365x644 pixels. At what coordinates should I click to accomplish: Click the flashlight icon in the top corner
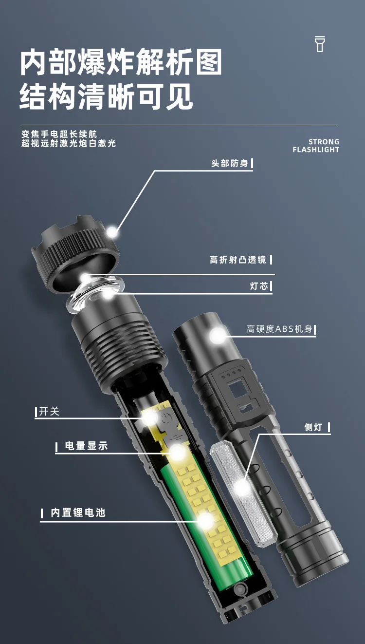320,44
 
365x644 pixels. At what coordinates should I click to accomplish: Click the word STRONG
324,142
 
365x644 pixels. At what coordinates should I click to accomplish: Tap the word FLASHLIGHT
316,150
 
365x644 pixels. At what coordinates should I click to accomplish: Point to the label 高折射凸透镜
238,260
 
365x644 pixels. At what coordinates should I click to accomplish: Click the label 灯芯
259,286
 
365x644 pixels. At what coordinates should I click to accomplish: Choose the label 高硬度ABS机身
279,330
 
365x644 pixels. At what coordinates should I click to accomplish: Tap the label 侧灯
313,428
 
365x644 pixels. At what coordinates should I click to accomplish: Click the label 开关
49,412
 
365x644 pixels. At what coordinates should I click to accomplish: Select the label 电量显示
86,446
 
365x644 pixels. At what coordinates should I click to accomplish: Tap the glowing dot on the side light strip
241,487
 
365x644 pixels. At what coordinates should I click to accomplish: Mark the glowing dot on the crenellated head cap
112,232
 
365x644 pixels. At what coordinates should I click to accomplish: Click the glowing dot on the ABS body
218,335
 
